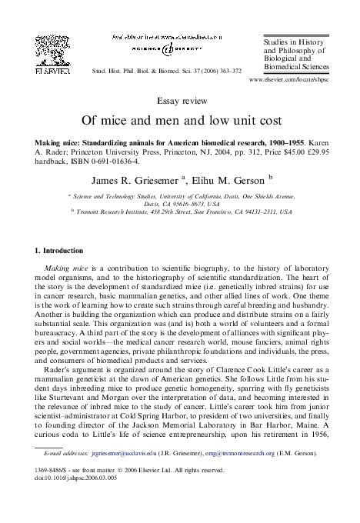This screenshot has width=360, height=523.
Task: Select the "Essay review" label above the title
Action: click(179, 101)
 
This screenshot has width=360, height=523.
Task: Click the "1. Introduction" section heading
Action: click(62, 251)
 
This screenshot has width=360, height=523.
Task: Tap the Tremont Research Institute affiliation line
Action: click(183, 210)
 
